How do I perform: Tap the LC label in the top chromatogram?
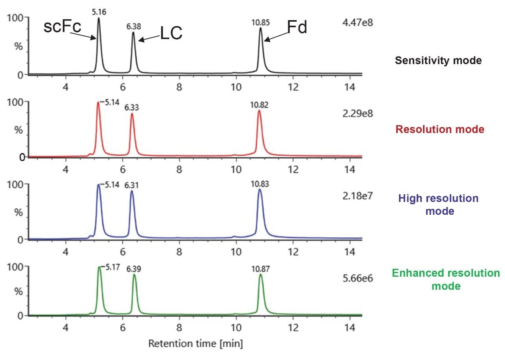pyautogui.click(x=171, y=34)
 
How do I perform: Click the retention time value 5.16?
pyautogui.click(x=99, y=12)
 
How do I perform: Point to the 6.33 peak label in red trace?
pyautogui.click(x=132, y=107)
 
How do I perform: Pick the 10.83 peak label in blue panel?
pyautogui.click(x=260, y=184)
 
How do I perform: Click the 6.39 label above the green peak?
pyautogui.click(x=135, y=268)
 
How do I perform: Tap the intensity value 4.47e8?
pyautogui.click(x=358, y=22)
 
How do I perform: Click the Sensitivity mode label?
pyautogui.click(x=438, y=60)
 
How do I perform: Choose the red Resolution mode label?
pyautogui.click(x=440, y=129)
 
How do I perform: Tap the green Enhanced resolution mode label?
pyautogui.click(x=446, y=279)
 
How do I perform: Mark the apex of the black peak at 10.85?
pyautogui.click(x=260, y=28)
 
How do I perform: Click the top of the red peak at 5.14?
pyautogui.click(x=98, y=102)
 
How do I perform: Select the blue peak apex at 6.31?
pyautogui.click(x=132, y=191)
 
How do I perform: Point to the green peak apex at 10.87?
pyautogui.click(x=261, y=275)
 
